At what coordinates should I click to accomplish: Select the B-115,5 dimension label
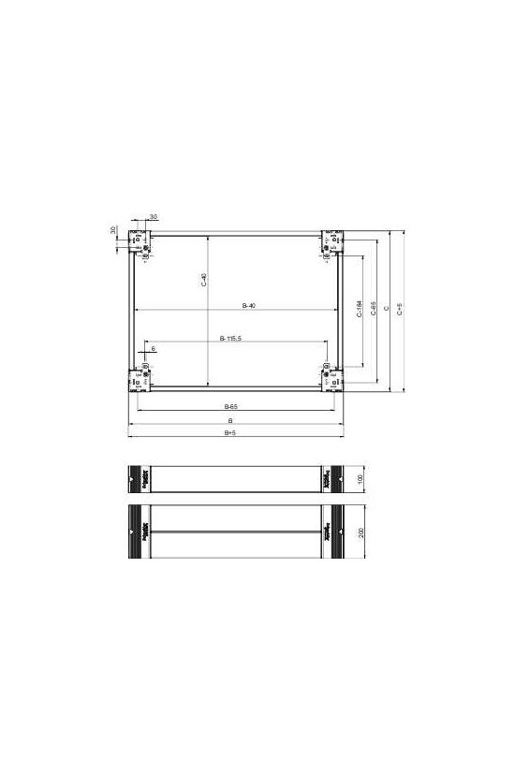[231, 337]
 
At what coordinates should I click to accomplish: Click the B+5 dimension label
[230, 432]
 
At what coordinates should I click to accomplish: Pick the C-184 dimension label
[360, 309]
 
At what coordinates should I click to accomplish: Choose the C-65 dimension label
[374, 309]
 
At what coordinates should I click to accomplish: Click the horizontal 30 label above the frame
[154, 216]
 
